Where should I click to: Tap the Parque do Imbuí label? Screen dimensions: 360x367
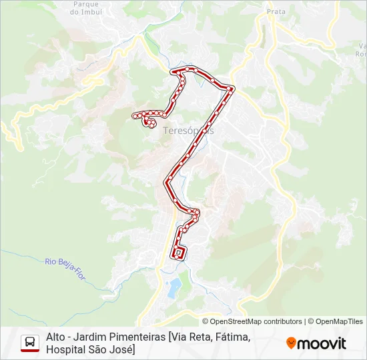(x=85, y=8)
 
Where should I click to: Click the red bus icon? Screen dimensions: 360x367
(x=30, y=343)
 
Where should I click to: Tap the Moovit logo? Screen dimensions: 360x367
(x=316, y=343)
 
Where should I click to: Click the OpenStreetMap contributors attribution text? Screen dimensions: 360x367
(x=252, y=321)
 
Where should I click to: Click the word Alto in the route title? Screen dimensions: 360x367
(x=56, y=337)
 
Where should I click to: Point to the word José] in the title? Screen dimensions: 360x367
(x=121, y=349)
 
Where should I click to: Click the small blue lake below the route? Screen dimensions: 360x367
(x=174, y=288)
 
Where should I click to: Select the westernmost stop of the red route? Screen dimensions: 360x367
(x=135, y=115)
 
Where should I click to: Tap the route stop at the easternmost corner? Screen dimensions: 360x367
(x=231, y=88)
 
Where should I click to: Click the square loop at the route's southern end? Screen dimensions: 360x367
(x=178, y=253)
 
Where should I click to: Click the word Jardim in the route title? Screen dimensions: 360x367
(x=94, y=337)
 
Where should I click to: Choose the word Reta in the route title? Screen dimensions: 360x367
(x=200, y=337)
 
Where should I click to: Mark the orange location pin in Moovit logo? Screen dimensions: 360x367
(x=291, y=343)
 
